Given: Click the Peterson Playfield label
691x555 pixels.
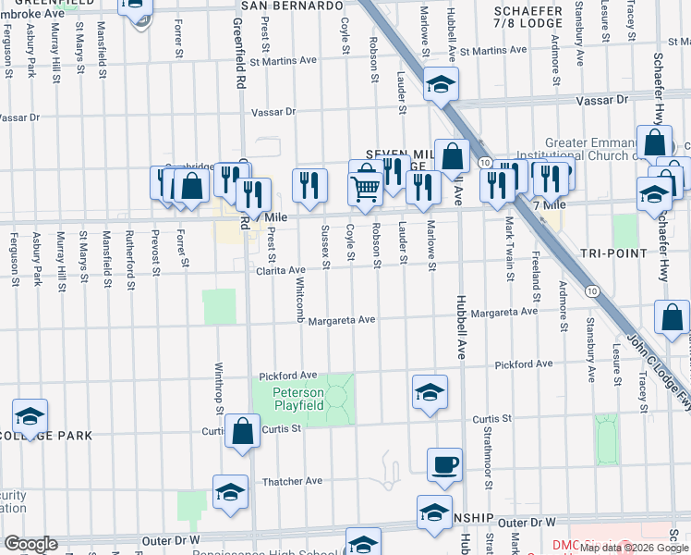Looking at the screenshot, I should (x=297, y=399).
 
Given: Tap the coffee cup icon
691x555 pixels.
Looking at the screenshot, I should (x=444, y=464).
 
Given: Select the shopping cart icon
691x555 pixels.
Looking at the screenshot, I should (x=366, y=190).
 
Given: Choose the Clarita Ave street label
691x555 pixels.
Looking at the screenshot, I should (x=281, y=270).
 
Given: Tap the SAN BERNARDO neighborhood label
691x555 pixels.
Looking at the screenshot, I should (x=292, y=6).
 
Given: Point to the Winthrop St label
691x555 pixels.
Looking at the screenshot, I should (x=220, y=393).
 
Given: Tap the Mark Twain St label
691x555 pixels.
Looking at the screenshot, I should (x=509, y=241).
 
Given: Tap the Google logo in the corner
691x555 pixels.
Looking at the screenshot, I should (x=30, y=544).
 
